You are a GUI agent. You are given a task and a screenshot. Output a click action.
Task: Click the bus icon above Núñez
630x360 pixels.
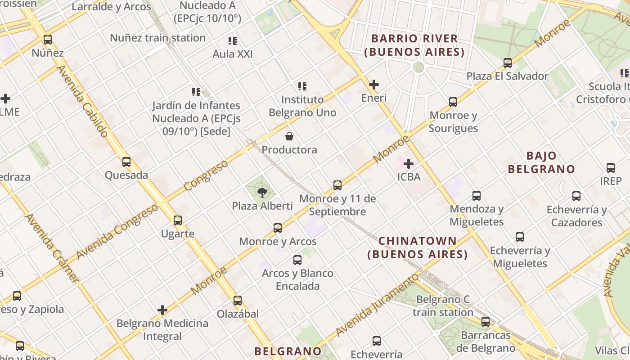click(47, 40)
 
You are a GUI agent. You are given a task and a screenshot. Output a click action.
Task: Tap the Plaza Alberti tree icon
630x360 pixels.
click(262, 193)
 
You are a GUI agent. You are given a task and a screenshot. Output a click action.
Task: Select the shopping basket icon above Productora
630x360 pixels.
click(289, 136)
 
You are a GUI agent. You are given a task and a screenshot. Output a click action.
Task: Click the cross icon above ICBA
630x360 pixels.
click(409, 163)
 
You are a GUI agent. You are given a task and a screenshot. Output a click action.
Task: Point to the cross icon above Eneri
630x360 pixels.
click(373, 84)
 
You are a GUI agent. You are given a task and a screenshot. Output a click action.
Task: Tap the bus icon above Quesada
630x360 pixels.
click(126, 162)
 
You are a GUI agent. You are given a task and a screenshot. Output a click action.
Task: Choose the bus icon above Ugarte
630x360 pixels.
click(178, 220)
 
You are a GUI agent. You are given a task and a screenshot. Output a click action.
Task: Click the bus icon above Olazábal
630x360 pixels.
click(237, 300)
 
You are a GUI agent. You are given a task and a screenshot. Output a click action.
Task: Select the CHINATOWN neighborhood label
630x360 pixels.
click(418, 247)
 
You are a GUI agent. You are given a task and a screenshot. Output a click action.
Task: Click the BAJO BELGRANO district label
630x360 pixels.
click(541, 162)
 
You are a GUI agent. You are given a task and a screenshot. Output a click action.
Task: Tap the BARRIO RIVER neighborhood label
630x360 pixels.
click(414, 45)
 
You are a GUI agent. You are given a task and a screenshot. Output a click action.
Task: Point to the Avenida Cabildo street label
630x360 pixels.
click(83, 101)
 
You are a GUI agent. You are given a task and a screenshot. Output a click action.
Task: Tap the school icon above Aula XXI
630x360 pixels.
click(232, 41)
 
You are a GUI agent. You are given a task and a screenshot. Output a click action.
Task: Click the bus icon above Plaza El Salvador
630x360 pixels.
click(508, 63)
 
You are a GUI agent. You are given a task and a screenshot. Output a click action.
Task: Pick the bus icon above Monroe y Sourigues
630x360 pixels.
click(453, 102)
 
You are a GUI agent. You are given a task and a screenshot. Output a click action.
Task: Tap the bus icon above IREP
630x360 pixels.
click(611, 168)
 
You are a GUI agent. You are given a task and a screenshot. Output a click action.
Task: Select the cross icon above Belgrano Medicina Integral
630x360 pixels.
click(162, 310)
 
